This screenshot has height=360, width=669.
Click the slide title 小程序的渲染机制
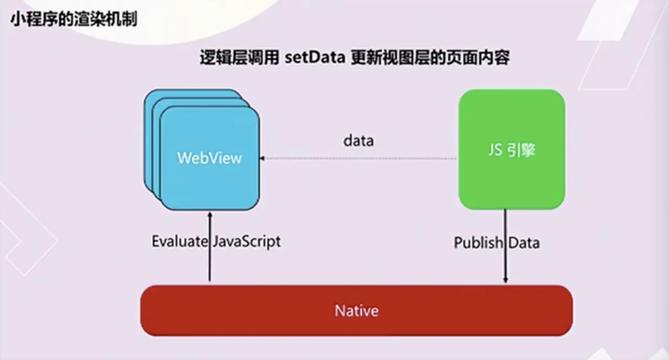pos(74,19)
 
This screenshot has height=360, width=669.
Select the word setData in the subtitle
pos(315,57)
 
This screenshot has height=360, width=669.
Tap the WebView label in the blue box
pos(210,158)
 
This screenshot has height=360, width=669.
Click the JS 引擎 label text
pos(512,150)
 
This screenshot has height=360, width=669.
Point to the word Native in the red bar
pos(356,311)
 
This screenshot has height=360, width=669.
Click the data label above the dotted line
pos(359,141)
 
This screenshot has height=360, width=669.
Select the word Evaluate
pos(180,241)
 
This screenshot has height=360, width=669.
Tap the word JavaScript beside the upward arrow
pos(247,242)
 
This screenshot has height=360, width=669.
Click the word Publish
pos(478,242)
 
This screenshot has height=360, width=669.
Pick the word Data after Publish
pos(524,242)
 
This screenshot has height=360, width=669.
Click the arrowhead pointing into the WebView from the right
pos(262,158)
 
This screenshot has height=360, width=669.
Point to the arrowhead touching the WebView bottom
pos(210,215)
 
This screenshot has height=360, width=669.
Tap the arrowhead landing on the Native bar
pos(505,280)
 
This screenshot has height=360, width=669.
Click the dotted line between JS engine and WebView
pos(358,158)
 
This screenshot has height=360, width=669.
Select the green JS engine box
pos(512,149)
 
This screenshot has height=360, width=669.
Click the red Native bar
pos(356,311)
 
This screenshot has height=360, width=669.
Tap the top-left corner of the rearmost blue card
pos(145,91)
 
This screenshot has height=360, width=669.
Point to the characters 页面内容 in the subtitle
pos(478,57)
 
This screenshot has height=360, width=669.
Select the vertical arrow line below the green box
pos(505,246)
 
